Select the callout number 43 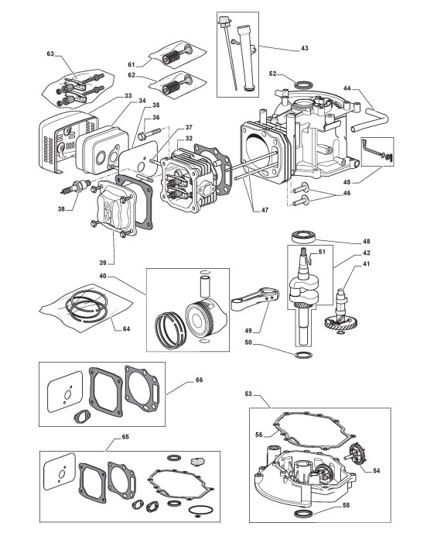coord(305,48)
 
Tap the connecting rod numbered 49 coord(255,299)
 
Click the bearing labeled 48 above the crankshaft coord(303,237)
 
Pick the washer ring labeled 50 coord(303,355)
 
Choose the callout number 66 coord(199,380)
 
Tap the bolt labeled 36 coord(149,134)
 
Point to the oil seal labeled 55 coord(303,514)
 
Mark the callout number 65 coord(125,437)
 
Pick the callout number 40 coord(104,276)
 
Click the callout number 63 coord(50,53)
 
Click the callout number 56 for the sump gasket coord(258,435)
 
